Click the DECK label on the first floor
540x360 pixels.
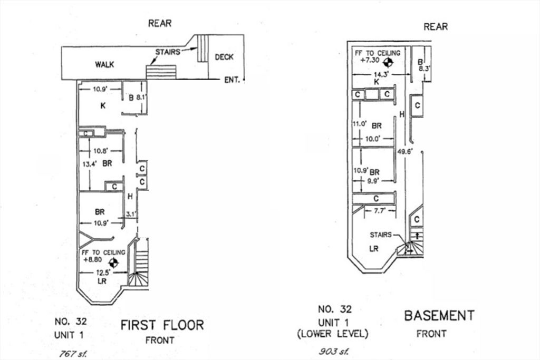[x=224, y=57]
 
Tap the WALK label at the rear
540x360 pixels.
[x=104, y=65]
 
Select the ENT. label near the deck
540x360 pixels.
[x=232, y=80]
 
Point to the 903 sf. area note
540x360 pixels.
[x=332, y=351]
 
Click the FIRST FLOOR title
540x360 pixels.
[x=162, y=325]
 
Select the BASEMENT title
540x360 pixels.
[x=439, y=316]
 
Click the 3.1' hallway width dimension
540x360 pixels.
[x=131, y=214]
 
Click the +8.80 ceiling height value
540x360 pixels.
[x=93, y=260]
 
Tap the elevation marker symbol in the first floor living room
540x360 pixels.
[x=112, y=261]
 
